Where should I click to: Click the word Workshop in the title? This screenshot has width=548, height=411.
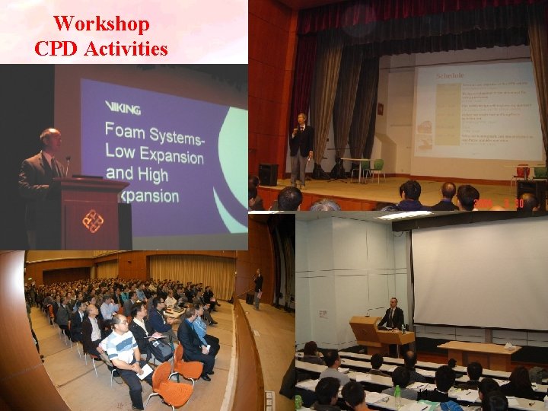pyautogui.click(x=101, y=23)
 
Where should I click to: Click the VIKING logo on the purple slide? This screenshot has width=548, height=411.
pyautogui.click(x=121, y=107)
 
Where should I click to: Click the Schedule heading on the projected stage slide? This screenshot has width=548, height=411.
pyautogui.click(x=451, y=75)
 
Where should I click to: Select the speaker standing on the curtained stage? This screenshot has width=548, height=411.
pyautogui.click(x=301, y=148)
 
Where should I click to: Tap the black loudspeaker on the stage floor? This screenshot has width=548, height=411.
pyautogui.click(x=268, y=174)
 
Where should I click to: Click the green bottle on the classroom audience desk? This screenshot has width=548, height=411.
pyautogui.click(x=397, y=396)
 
